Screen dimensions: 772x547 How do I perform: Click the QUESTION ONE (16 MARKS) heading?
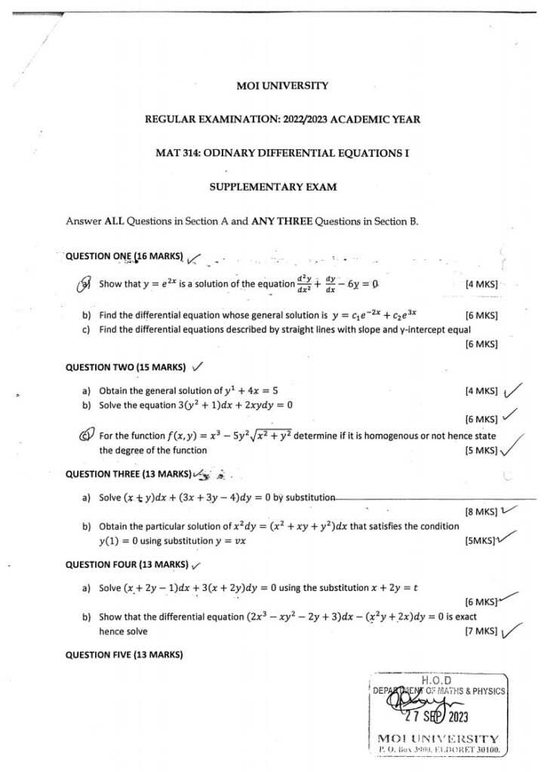[x=125, y=256]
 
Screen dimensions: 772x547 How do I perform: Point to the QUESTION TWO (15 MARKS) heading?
[x=125, y=367]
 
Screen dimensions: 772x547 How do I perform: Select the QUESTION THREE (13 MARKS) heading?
[x=128, y=474]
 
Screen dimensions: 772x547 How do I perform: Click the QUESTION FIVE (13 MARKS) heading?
[x=125, y=654]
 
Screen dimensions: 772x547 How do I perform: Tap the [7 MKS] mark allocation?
[x=482, y=631]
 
